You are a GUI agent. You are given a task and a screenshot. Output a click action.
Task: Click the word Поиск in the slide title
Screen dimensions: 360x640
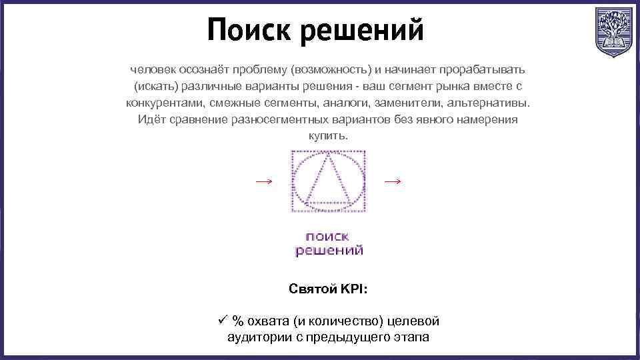(x=246, y=30)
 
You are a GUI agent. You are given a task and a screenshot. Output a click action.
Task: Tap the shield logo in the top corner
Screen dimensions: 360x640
(x=611, y=31)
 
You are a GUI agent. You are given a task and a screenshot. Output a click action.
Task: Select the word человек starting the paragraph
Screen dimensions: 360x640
(x=150, y=70)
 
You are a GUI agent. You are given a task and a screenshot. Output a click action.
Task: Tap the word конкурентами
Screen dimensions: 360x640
(x=163, y=103)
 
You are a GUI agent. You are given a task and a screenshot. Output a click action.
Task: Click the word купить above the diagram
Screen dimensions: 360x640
(x=327, y=136)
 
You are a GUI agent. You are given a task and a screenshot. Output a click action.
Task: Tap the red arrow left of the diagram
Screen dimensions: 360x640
(x=264, y=181)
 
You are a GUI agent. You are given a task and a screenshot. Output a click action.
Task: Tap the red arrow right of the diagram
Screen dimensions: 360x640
(x=393, y=181)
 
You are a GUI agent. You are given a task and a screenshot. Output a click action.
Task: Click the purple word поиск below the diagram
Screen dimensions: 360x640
(x=327, y=236)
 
